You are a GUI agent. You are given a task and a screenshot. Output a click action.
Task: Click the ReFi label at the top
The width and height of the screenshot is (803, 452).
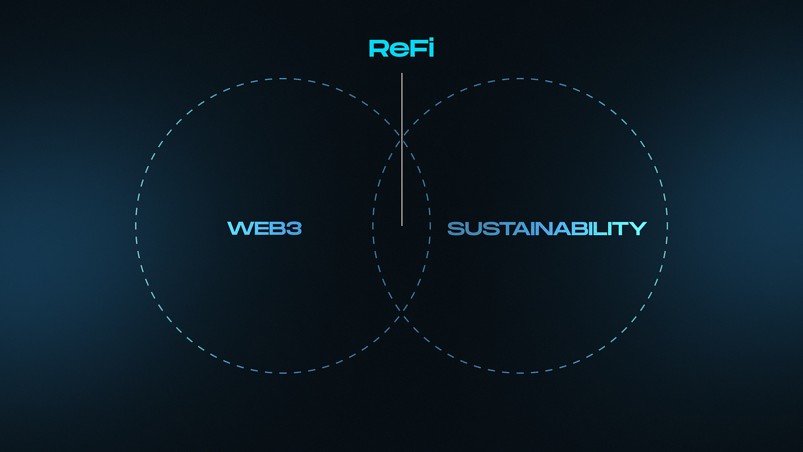coord(401,48)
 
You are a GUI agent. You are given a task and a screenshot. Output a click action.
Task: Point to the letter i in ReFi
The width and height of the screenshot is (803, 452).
coord(430,48)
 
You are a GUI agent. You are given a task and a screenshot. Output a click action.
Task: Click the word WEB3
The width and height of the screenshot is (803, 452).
coord(264,228)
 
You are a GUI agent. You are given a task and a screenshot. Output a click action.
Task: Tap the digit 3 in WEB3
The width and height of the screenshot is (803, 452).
coord(294,228)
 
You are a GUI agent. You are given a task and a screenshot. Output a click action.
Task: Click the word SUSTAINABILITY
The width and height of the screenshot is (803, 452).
coord(547,228)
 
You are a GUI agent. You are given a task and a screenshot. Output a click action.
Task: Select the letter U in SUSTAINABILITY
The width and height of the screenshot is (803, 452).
coord(474,228)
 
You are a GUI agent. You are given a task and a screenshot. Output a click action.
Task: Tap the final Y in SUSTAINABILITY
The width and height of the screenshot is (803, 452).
coord(637,228)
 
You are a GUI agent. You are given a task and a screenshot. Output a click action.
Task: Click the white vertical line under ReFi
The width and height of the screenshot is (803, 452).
coord(402,149)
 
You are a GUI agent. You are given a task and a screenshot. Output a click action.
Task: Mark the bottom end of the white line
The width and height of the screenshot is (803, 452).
coord(402,224)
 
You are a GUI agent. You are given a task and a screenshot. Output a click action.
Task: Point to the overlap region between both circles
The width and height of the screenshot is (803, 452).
coord(402,258)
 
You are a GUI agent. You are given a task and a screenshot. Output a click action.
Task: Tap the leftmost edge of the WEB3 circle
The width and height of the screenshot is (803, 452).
coord(136,226)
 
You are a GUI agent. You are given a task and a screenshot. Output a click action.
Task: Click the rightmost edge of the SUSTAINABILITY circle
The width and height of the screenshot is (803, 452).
coord(667,226)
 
